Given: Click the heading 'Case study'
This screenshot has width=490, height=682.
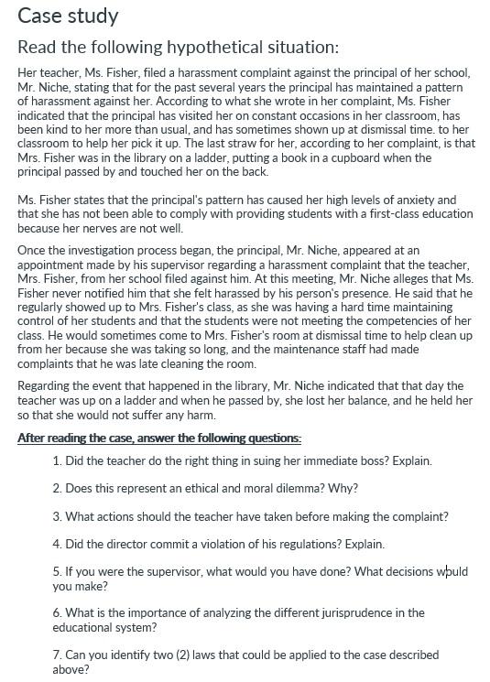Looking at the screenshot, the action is click(68, 16).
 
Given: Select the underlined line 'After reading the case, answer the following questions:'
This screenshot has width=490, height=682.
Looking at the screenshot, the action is click(159, 438).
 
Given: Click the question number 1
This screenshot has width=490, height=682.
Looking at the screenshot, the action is click(57, 461).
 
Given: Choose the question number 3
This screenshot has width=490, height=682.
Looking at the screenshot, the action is click(57, 516).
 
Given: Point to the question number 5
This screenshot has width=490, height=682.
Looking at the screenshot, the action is click(57, 571).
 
